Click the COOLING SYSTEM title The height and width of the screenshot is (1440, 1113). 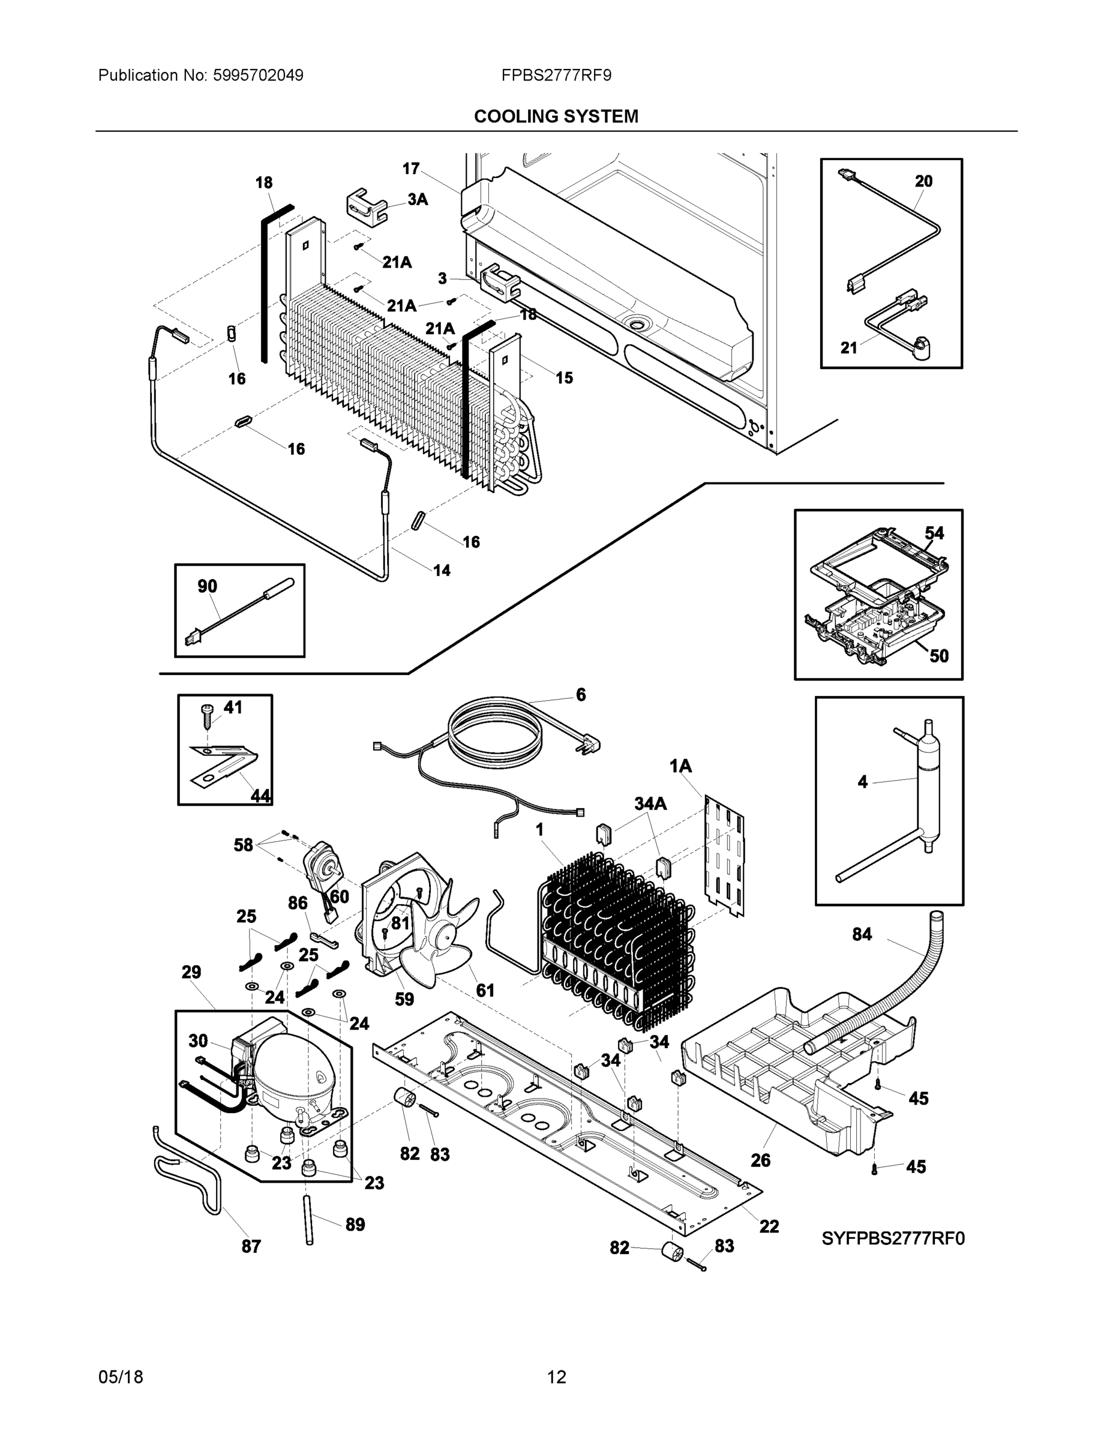[x=556, y=117]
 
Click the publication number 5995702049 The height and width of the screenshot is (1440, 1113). [x=258, y=75]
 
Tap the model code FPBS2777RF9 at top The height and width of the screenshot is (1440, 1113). [x=556, y=75]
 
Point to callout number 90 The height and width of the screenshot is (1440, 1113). [x=207, y=586]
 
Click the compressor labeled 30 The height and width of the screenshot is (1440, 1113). [x=287, y=1073]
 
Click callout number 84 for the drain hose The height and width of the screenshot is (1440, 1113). [x=862, y=934]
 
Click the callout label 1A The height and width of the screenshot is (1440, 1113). [x=680, y=766]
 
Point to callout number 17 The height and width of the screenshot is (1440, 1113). [x=411, y=169]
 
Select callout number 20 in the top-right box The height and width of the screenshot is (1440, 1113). [x=923, y=181]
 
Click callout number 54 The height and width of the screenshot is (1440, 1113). [x=934, y=533]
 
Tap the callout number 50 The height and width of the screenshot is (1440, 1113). [x=938, y=655]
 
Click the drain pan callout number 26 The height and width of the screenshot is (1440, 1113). [x=760, y=1160]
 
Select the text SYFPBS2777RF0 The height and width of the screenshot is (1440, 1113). [x=893, y=1238]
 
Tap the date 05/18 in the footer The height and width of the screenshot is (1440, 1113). [x=121, y=1378]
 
